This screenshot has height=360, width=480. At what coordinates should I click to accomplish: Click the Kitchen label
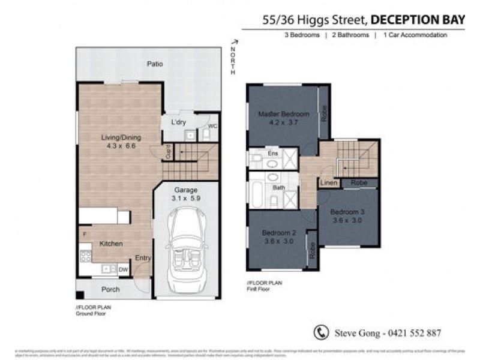111,244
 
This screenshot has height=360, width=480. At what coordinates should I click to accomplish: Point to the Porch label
110,289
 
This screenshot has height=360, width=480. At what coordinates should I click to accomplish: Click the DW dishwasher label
123,270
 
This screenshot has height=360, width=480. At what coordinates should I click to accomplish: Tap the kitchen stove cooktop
85,256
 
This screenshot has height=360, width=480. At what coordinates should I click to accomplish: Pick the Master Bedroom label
283,114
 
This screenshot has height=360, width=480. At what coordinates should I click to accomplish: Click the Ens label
273,154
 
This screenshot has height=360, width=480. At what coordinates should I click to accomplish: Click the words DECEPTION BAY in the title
418,20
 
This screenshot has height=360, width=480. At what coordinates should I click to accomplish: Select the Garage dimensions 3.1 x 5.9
185,199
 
